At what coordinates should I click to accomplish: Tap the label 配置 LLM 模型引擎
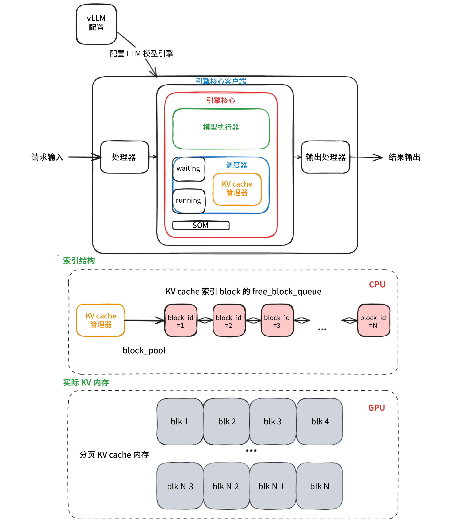tap(141, 53)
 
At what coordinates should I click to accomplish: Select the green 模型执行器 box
tap(221, 129)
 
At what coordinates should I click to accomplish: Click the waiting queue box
tap(189, 169)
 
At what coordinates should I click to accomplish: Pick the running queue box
tap(189, 201)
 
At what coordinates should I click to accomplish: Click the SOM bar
tap(201, 225)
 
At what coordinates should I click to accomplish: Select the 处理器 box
tap(124, 157)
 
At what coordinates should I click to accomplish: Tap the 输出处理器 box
tap(325, 157)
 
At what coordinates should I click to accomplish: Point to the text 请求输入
tap(47, 157)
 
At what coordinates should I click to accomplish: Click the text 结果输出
tap(404, 157)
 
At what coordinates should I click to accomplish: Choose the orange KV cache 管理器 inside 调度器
tap(237, 189)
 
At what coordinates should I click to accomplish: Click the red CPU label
tap(377, 285)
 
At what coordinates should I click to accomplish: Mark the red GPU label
tap(376, 408)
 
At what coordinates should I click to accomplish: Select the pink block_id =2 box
tap(229, 321)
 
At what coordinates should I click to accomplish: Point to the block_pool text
tap(144, 350)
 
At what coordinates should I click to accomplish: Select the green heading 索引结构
tap(79, 260)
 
